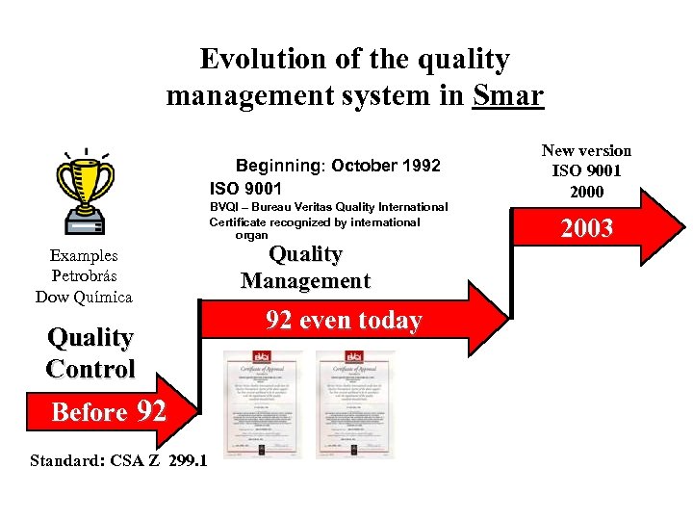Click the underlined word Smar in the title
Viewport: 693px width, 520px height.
(508, 96)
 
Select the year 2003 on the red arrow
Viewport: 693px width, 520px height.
(586, 228)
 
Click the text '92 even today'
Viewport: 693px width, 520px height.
(345, 321)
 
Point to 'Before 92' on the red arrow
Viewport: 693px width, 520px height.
(108, 412)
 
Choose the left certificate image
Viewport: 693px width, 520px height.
(262, 403)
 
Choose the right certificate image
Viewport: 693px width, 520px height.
(355, 403)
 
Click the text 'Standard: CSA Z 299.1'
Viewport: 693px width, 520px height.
(117, 460)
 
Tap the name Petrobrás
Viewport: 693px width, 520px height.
(84, 276)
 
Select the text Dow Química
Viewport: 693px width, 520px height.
(84, 297)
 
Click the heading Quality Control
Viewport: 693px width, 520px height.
(90, 352)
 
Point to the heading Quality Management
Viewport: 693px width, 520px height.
(305, 268)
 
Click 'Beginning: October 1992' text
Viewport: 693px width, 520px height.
(338, 166)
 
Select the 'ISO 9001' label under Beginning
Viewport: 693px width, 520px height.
(245, 188)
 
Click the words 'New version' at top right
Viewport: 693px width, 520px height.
(586, 150)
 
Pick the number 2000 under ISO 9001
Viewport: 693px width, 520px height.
(586, 192)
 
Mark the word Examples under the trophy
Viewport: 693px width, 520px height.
(84, 256)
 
